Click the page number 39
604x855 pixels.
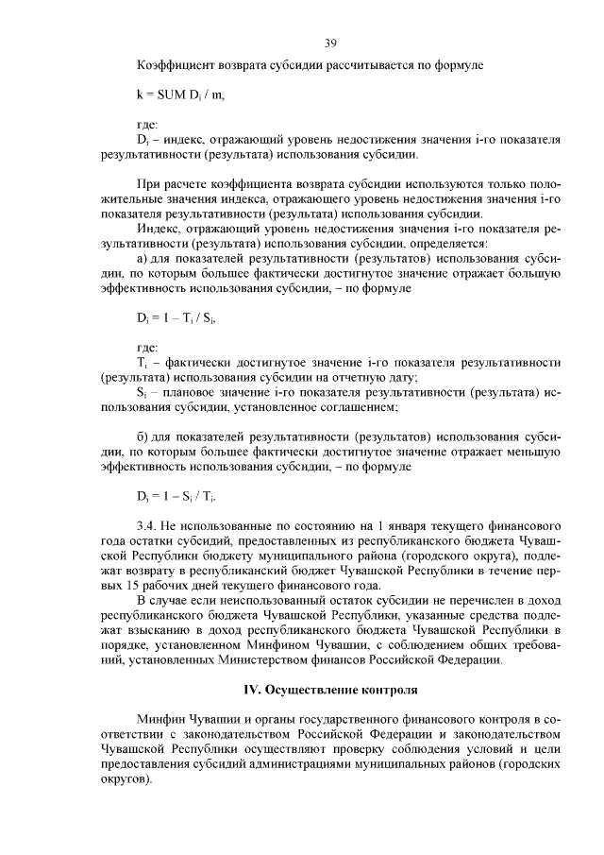[x=330, y=43]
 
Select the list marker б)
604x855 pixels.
[x=143, y=437]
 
